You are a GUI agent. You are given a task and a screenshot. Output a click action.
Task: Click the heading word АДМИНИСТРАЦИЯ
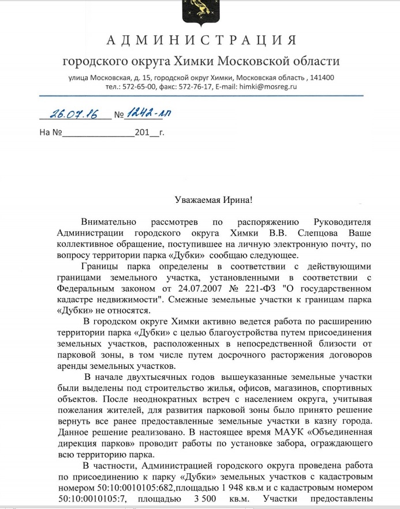pos(202,40)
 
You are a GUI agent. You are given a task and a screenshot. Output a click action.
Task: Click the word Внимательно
pos(110,221)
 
